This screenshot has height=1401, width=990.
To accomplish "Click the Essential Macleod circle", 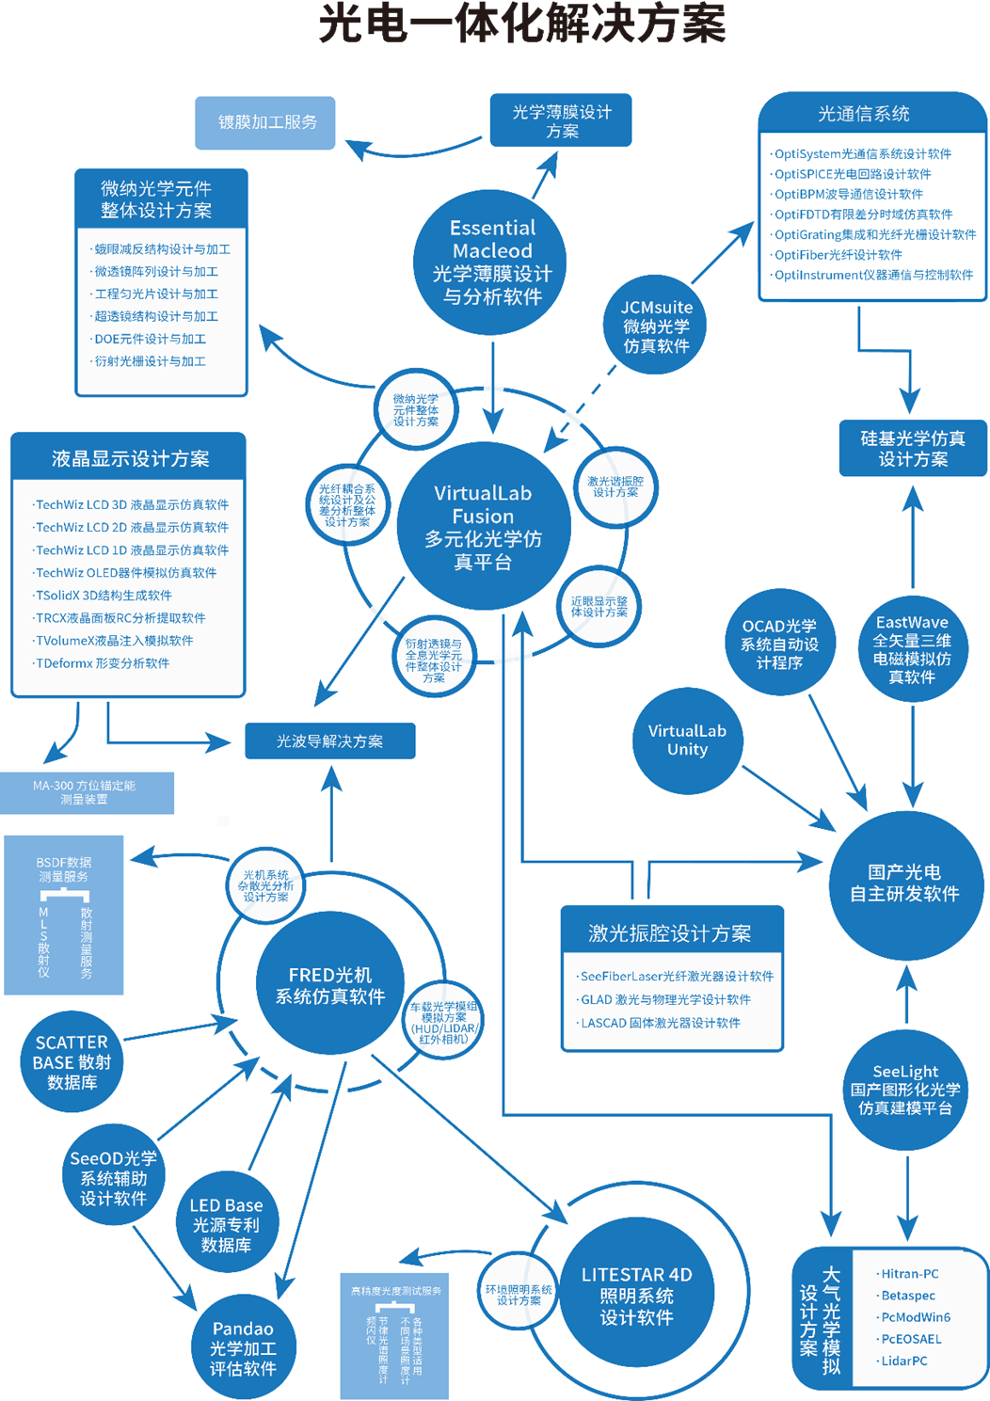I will [490, 262].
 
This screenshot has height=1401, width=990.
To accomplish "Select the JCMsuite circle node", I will [656, 326].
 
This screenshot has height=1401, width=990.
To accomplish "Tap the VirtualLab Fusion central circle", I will [484, 527].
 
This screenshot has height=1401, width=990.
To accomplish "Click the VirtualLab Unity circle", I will [687, 740].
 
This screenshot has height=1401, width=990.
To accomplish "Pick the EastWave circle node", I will [912, 648].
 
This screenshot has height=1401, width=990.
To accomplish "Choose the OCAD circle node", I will [779, 644].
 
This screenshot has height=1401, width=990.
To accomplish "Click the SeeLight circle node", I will [905, 1090].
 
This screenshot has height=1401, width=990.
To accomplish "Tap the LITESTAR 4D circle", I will [636, 1295].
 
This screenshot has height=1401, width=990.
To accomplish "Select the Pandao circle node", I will [243, 1347].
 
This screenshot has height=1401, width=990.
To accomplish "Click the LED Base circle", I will [226, 1224].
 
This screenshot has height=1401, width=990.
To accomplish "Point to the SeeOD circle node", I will [114, 1178].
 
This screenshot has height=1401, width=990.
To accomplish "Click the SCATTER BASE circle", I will [72, 1061].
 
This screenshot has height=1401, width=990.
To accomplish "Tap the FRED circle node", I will [329, 985].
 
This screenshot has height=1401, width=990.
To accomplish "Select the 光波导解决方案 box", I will [329, 741].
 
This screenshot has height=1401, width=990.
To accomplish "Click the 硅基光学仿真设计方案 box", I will [912, 449].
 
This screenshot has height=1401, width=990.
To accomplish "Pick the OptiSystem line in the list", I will [862, 154].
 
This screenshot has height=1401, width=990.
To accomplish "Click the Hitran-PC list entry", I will [909, 1274].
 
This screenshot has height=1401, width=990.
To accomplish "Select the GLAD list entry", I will [665, 999].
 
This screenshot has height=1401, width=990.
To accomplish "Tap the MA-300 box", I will [85, 792].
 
